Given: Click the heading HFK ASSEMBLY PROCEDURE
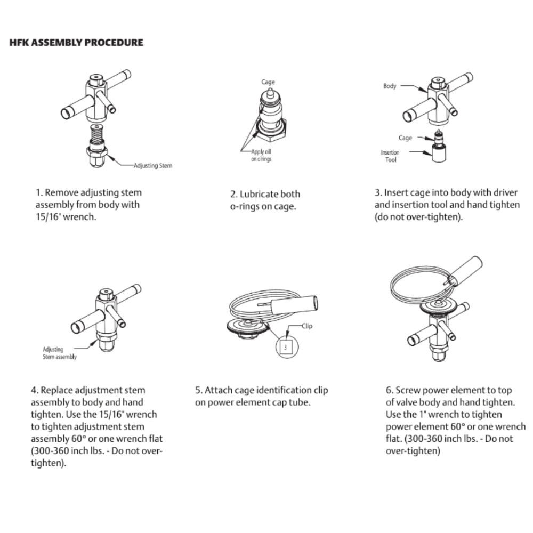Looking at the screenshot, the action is point(76,43).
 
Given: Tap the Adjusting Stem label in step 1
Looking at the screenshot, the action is point(152,166).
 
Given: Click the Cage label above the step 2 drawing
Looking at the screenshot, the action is point(268,82).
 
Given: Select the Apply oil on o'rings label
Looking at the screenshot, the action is point(261,155).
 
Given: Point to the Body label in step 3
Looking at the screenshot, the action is point(390,86).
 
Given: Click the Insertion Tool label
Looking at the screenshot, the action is point(390,156).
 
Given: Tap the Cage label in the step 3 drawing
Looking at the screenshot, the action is point(405,138).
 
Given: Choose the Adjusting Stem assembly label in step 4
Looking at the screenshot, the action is point(60,353).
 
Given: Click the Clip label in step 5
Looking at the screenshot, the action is point(307,326).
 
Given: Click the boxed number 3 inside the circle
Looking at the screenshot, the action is point(286,347).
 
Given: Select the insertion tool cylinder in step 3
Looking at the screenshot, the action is point(439,154).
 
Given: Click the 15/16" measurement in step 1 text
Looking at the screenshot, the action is point(47,216).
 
